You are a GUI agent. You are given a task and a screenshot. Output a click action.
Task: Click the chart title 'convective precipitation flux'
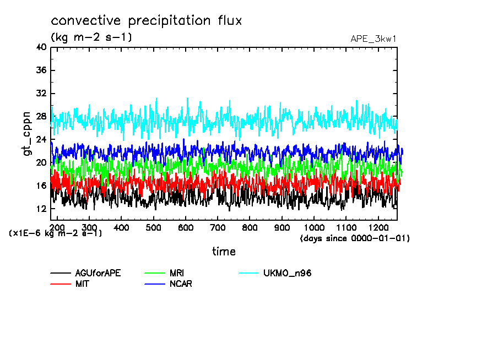point(147,21)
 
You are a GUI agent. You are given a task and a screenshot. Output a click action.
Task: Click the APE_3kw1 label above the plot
point(373,39)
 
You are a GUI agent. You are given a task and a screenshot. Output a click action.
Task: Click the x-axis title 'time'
point(224,252)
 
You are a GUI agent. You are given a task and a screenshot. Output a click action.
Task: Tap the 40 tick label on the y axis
point(41,47)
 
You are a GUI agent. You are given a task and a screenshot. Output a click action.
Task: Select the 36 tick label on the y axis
point(41,70)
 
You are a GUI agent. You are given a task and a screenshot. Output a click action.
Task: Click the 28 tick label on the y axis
point(41,117)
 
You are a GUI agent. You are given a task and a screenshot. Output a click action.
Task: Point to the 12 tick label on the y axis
point(41,209)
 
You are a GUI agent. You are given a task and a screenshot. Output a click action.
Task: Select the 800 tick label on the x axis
point(250,227)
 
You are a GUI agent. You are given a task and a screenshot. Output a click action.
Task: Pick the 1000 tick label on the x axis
point(314,227)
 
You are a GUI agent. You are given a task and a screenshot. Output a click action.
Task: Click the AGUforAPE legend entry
point(98,274)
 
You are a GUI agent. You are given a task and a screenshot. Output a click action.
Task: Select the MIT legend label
point(83,284)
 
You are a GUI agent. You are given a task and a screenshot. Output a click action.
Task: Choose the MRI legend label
point(177,274)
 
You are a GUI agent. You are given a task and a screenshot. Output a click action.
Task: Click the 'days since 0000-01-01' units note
point(355,238)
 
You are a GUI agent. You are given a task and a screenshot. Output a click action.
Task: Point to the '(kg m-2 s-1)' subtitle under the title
point(91,37)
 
